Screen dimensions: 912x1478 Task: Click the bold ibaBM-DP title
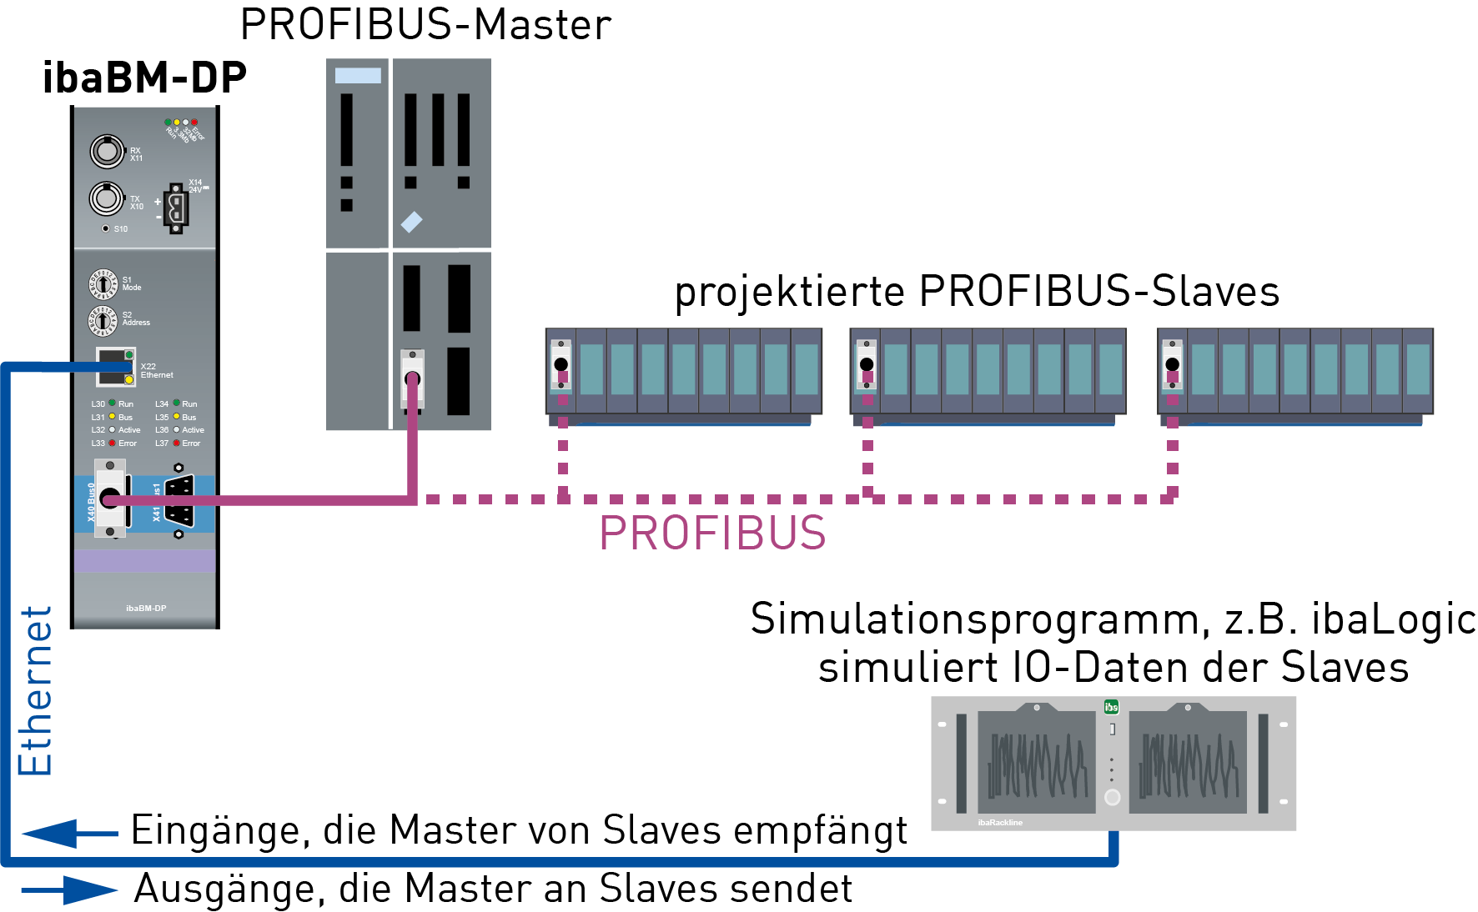tap(144, 78)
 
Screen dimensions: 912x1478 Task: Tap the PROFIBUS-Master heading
tap(425, 25)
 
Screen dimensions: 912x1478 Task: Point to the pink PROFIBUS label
tap(712, 534)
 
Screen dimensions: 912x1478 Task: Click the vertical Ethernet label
tap(35, 691)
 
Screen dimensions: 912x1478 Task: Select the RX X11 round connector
tap(107, 151)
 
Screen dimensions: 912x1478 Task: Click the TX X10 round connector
tap(107, 198)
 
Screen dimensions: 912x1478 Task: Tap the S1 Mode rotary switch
tap(103, 284)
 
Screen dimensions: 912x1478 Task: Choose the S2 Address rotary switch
tap(103, 319)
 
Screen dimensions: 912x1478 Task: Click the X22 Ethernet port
tap(115, 367)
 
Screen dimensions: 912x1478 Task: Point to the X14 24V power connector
tap(175, 208)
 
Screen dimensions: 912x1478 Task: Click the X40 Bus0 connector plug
tap(110, 499)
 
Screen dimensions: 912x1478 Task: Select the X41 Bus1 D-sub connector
tap(179, 500)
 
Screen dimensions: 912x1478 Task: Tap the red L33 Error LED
tap(112, 443)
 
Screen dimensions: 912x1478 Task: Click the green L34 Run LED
tap(176, 403)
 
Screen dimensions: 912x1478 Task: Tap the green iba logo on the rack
tap(1111, 707)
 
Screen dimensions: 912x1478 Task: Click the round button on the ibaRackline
tap(1112, 797)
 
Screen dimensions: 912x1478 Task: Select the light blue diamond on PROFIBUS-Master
tap(411, 222)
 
